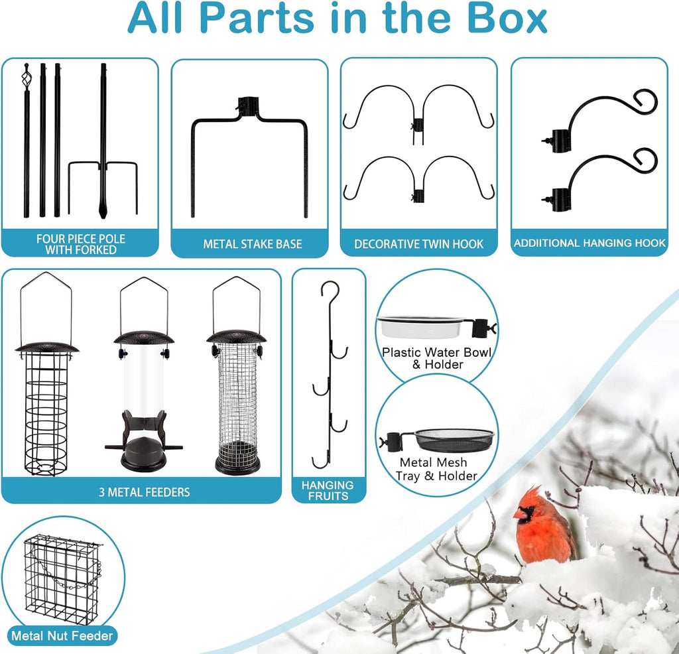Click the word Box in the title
pos(507,18)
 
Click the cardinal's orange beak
pos(520,513)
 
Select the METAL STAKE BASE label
pos(253,244)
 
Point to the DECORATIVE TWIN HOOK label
pos(418,244)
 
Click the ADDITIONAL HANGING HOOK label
pos(589,243)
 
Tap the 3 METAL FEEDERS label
pos(144,492)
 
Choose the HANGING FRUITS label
pos(328,490)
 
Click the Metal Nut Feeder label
pos(62,636)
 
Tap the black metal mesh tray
pos(454,440)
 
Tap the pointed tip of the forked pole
pos(103,216)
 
